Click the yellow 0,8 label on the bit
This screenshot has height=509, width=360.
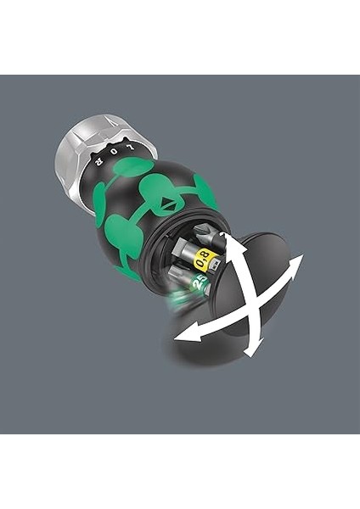tap(205, 256)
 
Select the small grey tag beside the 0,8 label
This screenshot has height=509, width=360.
tap(218, 264)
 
